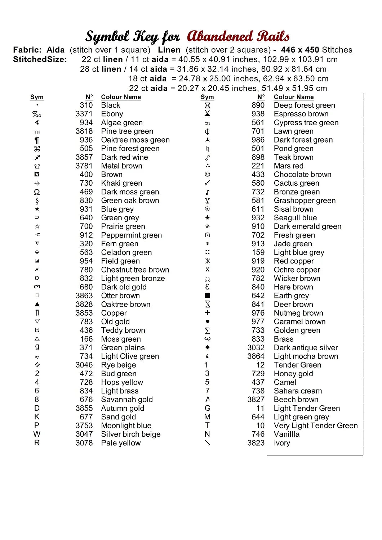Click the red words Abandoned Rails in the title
238,36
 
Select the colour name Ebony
112,114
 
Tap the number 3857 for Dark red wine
84,157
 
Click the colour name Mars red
288,166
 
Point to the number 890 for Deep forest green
258,105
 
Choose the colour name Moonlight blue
126,426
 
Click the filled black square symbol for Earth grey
207,296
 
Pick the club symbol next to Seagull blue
207,217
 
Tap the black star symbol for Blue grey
37,209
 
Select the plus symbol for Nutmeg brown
207,313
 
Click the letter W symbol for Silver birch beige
37,434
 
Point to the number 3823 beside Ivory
256,443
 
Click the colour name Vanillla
286,434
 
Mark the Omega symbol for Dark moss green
37,192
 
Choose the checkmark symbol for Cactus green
207,183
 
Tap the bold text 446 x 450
300,50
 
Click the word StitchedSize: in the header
40,59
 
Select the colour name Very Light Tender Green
316,426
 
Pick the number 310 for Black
86,105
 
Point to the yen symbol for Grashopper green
207,201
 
